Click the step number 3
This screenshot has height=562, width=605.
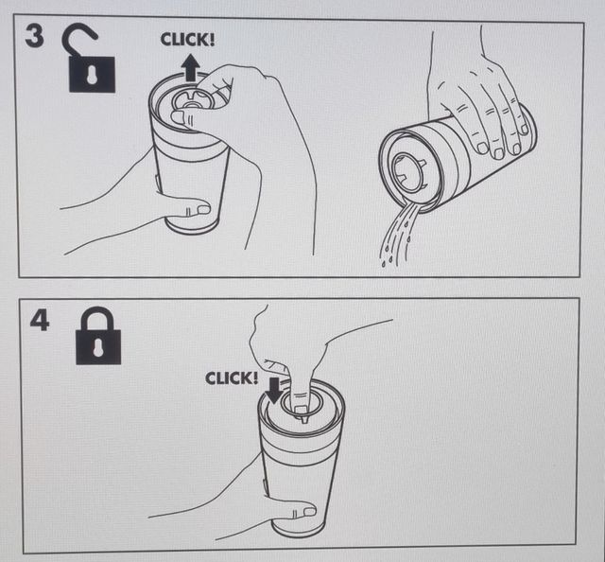[x=34, y=36]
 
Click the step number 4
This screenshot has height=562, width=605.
[x=40, y=321]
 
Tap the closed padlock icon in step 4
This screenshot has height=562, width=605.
[x=98, y=336]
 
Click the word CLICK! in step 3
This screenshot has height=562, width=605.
[x=187, y=40]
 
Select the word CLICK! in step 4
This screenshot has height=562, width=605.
[x=232, y=378]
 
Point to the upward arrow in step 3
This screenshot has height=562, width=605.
[x=190, y=67]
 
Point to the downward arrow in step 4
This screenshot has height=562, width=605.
[x=274, y=390]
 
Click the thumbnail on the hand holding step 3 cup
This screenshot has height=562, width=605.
[x=203, y=210]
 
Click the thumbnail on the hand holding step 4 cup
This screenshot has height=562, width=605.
[x=309, y=512]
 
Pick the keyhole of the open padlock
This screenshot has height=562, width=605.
[x=92, y=75]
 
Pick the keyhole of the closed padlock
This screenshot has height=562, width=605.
[x=98, y=346]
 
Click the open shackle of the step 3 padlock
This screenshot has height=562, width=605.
[x=80, y=39]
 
